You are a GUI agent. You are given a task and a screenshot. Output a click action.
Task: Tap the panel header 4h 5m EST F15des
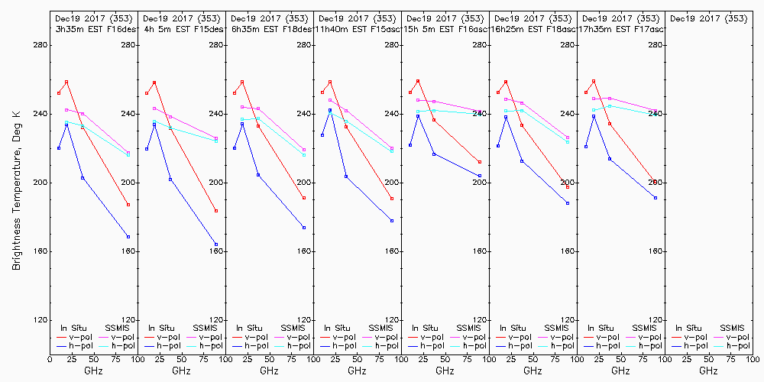(x=180, y=29)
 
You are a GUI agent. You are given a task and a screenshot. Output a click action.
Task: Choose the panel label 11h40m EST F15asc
(x=356, y=29)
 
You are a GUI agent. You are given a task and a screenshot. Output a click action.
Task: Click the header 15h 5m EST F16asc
(x=444, y=29)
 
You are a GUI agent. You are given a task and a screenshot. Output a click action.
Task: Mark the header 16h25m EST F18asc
(x=532, y=29)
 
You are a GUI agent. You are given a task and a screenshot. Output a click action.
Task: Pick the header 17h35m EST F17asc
(x=620, y=29)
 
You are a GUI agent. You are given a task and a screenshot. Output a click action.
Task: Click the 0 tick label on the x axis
(x=50, y=358)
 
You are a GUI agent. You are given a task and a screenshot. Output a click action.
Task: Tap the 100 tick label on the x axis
(x=753, y=358)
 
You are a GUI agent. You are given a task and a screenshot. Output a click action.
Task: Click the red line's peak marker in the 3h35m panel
(x=66, y=82)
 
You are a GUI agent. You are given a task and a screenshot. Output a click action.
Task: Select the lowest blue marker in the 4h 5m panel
(x=216, y=244)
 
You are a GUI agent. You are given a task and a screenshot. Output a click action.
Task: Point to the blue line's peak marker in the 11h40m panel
(x=330, y=110)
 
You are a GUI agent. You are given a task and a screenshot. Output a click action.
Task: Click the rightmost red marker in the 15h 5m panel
(x=480, y=162)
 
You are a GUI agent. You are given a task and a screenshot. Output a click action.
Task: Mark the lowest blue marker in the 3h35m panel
(x=128, y=237)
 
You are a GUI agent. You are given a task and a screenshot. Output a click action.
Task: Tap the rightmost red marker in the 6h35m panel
(x=304, y=199)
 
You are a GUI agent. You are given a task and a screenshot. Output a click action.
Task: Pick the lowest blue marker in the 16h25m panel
(x=568, y=203)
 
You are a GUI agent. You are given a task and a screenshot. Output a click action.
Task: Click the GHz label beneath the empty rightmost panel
(x=708, y=371)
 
